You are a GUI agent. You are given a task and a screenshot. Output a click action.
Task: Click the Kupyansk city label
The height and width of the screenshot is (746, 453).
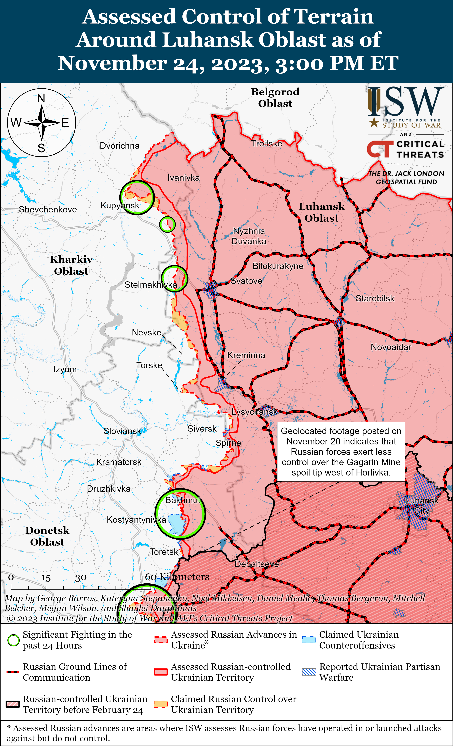[120, 206]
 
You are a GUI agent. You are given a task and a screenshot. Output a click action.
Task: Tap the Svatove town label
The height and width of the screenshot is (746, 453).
[246, 281]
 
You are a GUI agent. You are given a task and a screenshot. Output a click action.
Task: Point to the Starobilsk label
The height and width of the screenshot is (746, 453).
[375, 299]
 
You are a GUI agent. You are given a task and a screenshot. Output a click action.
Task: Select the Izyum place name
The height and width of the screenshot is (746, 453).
[65, 369]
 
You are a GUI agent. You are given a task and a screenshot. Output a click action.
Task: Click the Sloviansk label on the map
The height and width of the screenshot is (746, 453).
[122, 431]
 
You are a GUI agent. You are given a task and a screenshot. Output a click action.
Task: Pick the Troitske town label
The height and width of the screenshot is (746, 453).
[267, 144]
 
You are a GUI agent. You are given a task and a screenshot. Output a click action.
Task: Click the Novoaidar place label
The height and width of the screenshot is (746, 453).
[391, 347]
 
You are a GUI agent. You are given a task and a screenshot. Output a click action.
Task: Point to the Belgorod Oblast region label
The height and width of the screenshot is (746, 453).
[275, 97]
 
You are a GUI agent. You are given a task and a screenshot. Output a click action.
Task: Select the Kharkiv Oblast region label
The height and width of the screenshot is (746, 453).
[71, 265]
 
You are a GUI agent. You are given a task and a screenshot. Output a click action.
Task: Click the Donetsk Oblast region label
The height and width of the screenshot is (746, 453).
[47, 536]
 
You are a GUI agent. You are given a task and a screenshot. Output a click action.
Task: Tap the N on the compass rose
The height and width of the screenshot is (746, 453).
[41, 98]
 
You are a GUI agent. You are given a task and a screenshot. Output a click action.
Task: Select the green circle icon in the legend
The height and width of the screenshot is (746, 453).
[13, 640]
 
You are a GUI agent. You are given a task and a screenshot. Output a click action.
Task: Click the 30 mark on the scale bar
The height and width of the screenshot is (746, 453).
[81, 578]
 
